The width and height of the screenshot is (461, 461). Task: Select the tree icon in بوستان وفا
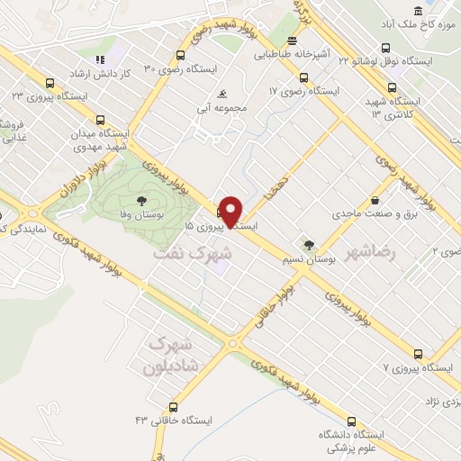tap(140, 200)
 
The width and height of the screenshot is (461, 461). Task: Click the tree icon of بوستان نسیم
tap(309, 243)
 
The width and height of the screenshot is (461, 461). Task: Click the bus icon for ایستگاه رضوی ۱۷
tap(303, 77)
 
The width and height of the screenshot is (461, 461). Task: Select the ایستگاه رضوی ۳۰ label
tap(179, 68)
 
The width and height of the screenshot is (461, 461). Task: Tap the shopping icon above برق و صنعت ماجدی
tap(375, 201)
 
